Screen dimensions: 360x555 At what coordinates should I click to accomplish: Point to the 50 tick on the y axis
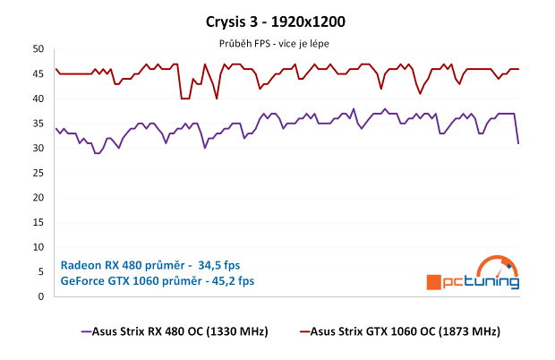(x=38, y=50)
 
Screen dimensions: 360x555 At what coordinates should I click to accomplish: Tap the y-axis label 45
(x=38, y=74)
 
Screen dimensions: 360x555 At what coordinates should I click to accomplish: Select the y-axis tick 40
(x=38, y=99)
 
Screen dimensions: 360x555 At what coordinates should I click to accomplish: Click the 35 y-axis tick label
(x=38, y=124)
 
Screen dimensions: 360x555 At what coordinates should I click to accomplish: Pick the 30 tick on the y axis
(x=38, y=149)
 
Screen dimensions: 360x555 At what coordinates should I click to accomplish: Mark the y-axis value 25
(x=38, y=173)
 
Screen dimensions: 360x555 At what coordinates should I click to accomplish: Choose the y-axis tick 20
(x=38, y=198)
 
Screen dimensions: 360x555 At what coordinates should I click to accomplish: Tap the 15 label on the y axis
(x=38, y=222)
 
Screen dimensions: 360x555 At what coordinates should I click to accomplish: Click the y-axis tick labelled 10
(x=38, y=247)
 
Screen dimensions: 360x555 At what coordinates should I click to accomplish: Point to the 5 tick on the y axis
(x=40, y=271)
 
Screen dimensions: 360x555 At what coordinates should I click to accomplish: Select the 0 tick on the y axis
(x=40, y=296)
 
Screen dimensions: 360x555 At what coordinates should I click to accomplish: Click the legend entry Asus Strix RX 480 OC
(x=175, y=332)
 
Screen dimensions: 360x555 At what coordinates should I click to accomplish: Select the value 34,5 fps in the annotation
(x=218, y=265)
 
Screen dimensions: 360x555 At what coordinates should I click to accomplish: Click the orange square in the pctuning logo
(x=433, y=282)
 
